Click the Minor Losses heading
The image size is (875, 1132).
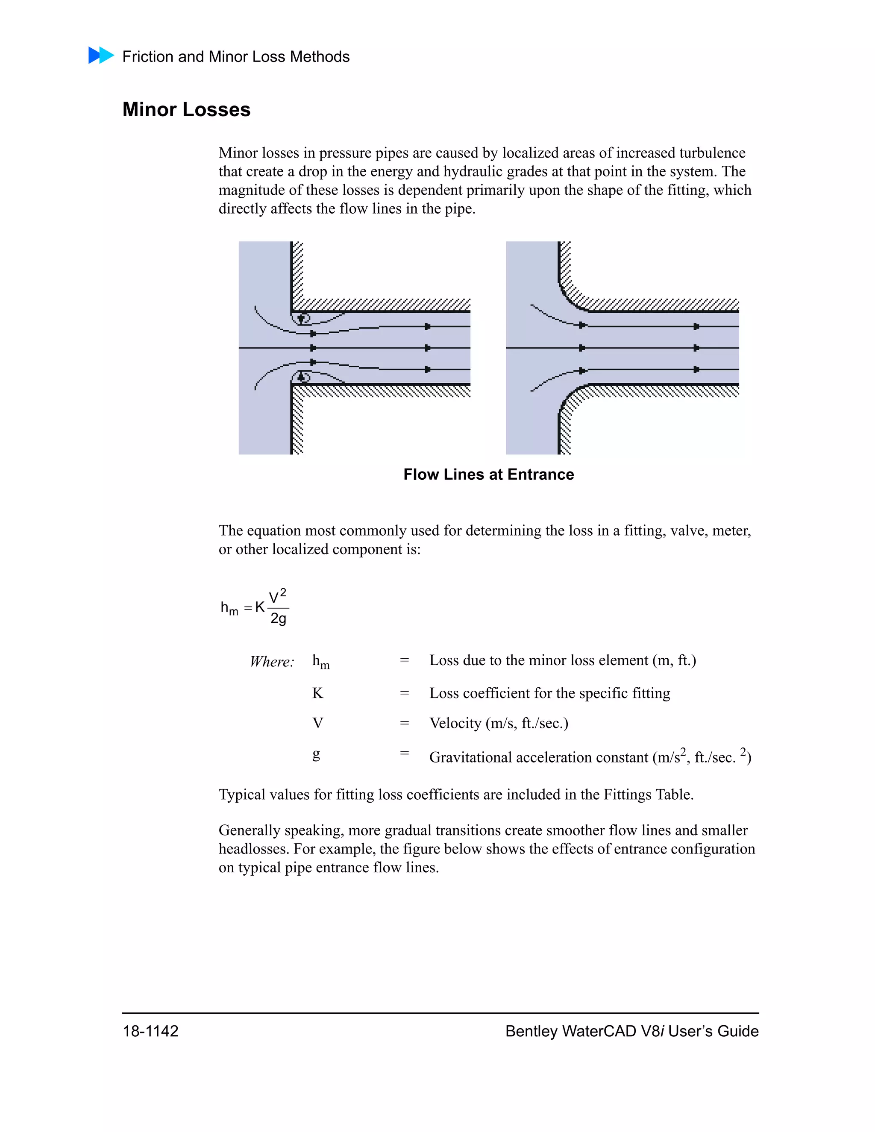coord(186,109)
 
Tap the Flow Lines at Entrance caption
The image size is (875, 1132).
coord(488,474)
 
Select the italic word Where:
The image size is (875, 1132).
coord(272,661)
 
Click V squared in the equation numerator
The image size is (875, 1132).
coord(277,596)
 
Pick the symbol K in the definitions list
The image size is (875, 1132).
coord(317,693)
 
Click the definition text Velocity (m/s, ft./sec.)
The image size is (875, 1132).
coord(498,723)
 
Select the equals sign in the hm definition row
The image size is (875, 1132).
coord(404,660)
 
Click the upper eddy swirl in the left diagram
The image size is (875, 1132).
coord(301,318)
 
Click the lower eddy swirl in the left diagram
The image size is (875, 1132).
coord(301,377)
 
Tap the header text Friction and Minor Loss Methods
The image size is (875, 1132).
coord(235,56)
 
